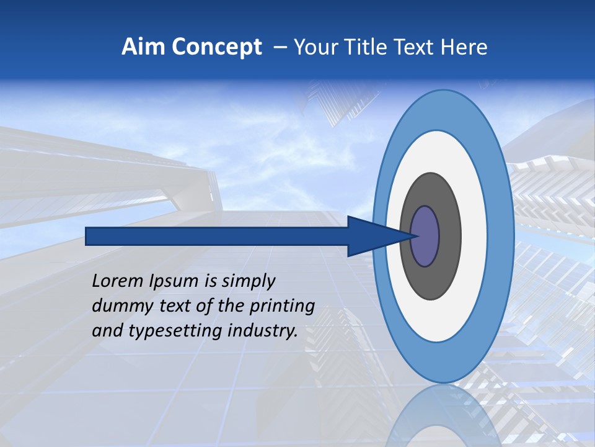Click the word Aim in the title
coord(142,47)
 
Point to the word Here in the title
coord(464,47)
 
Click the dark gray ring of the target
coord(449,237)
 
